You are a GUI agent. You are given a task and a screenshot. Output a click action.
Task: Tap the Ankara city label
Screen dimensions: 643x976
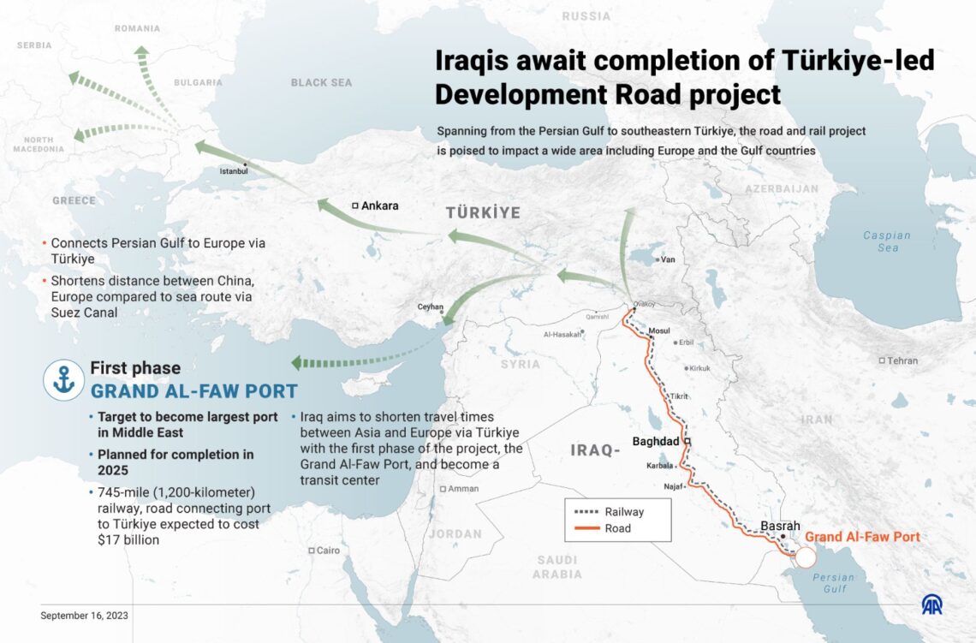pos(379,206)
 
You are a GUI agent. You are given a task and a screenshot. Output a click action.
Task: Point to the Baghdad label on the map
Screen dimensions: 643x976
pos(656,442)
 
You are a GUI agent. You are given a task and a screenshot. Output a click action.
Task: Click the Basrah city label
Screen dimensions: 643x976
pos(780,526)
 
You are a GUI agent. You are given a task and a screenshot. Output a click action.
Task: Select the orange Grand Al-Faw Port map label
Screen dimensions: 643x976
pos(862,538)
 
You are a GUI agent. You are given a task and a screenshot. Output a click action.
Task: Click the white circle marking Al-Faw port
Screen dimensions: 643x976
pos(805,558)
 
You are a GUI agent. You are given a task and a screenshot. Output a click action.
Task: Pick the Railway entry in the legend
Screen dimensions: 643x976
pos(623,512)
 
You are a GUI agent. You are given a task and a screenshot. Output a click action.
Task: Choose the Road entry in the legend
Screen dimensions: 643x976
pos(617,528)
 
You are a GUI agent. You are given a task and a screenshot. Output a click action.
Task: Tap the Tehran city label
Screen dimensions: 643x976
pos(902,360)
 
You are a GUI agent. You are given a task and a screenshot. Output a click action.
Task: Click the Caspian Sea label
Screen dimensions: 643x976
pos(887,241)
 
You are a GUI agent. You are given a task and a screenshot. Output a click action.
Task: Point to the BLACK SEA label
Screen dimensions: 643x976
pos(321,83)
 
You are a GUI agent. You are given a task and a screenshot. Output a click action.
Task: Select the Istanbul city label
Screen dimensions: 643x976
pos(233,171)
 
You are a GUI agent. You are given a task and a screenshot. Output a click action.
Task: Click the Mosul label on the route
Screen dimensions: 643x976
pos(659,330)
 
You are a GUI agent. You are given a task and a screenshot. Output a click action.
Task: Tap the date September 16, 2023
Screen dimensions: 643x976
pos(85,615)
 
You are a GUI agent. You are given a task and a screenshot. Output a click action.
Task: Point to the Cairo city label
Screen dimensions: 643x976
pos(328,551)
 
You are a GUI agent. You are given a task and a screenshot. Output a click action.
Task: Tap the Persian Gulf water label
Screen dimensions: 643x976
pos(834,582)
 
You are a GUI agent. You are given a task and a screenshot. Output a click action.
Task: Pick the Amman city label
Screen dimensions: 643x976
pos(463,489)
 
